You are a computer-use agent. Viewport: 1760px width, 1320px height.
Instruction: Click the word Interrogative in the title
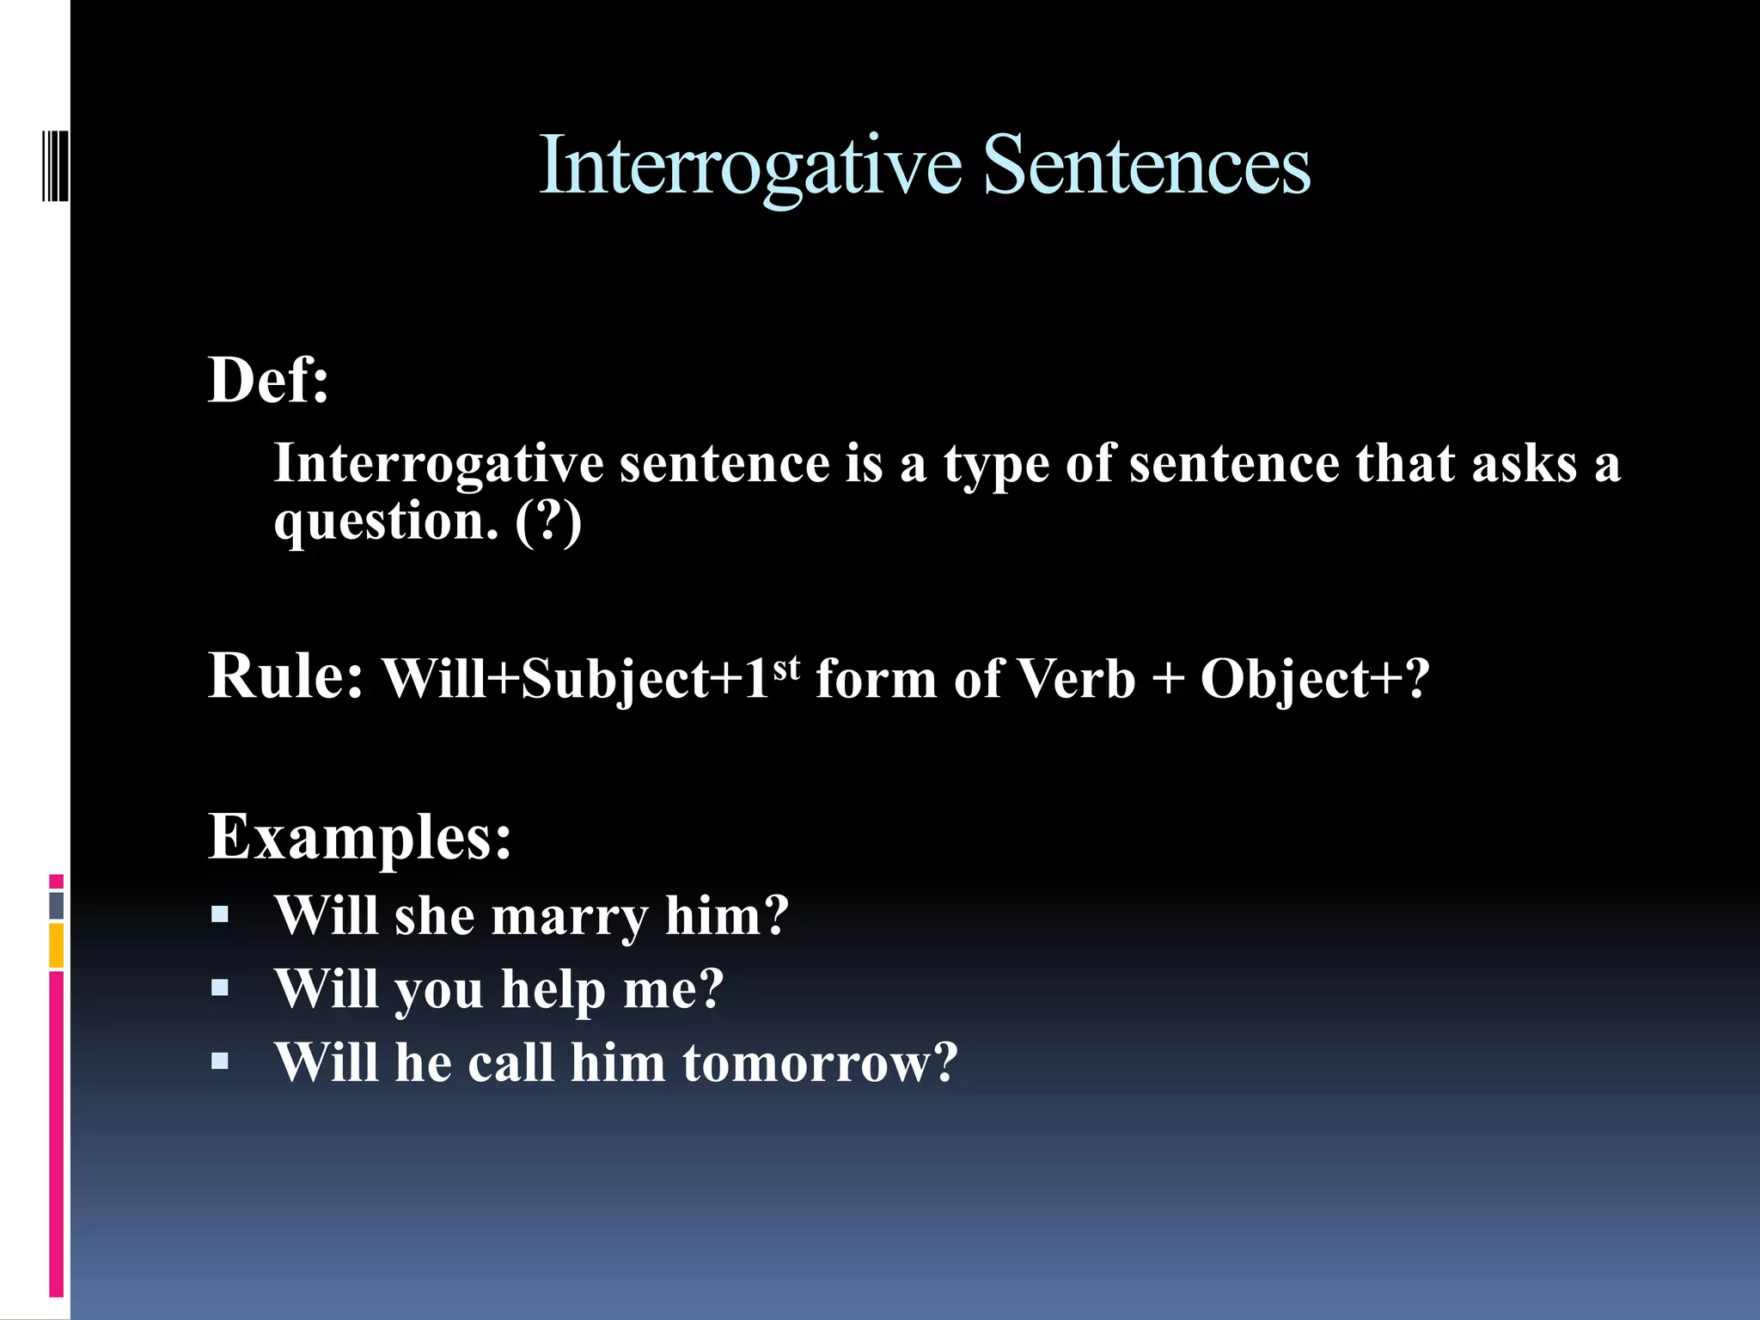click(749, 166)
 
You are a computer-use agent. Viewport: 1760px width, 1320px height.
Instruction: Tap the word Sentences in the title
click(1146, 166)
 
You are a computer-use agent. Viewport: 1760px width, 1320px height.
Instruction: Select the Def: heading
click(269, 380)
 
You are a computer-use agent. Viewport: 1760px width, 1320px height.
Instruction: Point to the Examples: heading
click(360, 836)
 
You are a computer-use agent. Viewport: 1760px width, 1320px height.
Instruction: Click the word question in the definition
click(386, 522)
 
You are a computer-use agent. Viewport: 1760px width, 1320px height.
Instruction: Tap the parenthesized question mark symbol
click(548, 522)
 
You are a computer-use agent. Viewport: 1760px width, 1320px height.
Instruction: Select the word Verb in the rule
click(1076, 679)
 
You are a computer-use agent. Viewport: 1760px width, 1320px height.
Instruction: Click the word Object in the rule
click(1284, 679)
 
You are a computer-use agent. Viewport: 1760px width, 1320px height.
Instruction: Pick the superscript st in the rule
click(786, 666)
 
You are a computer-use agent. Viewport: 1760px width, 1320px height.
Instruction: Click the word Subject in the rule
click(615, 679)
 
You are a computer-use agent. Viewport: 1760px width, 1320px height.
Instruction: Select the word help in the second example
click(553, 990)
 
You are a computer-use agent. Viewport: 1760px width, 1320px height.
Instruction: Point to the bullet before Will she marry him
click(220, 914)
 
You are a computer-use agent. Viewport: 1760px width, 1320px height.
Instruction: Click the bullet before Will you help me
click(220, 987)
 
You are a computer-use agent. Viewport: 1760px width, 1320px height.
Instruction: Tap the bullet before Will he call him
click(220, 1061)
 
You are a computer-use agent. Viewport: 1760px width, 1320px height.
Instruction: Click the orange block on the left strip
click(57, 945)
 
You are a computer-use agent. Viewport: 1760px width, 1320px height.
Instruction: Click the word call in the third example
click(510, 1063)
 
